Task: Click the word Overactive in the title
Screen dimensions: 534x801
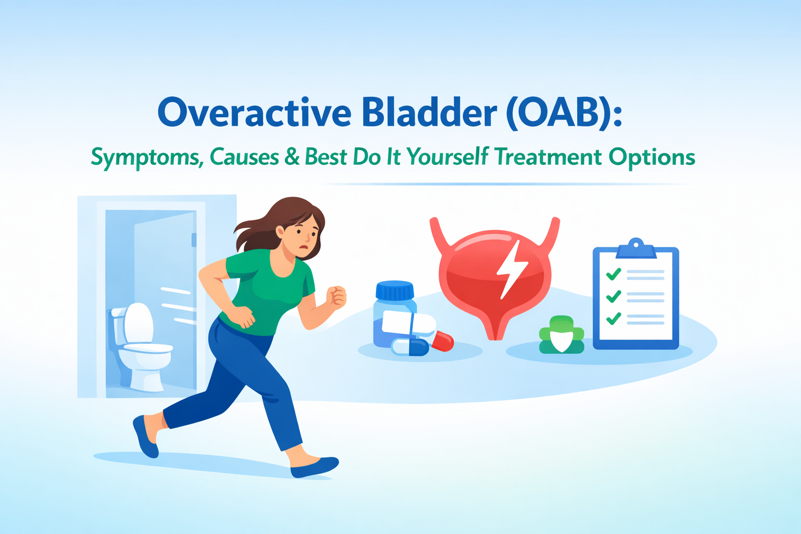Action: (254, 113)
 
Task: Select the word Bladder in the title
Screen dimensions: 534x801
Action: (429, 113)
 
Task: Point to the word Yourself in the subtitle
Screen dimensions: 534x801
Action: (447, 156)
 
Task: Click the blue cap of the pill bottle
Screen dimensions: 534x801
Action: (395, 291)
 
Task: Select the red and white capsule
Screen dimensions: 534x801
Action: (441, 340)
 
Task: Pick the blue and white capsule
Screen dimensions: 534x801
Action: (410, 347)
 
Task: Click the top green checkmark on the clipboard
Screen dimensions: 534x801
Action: (613, 274)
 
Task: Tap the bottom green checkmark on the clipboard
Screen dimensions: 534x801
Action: (613, 318)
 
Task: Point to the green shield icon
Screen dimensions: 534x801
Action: (561, 336)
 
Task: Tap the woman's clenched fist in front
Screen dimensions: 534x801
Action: (336, 297)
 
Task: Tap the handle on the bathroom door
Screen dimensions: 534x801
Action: (194, 240)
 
